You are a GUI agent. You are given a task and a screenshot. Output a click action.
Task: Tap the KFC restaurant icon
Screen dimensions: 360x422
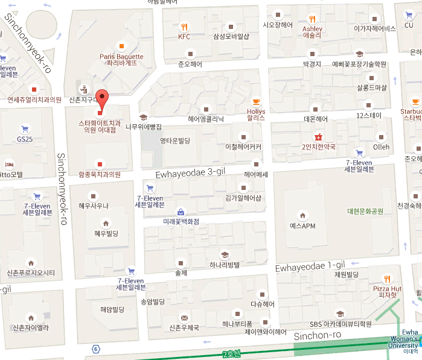pos(184,27)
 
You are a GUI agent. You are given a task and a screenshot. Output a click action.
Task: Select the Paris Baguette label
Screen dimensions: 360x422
pos(122,60)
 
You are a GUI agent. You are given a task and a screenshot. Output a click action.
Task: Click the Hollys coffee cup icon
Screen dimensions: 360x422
pos(256,101)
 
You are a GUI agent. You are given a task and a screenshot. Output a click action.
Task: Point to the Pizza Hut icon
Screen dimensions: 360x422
pos(387,279)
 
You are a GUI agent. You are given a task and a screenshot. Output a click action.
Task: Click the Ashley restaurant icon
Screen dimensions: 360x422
pos(312,18)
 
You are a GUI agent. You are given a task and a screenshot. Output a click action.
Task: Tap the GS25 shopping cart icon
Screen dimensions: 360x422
pos(25,129)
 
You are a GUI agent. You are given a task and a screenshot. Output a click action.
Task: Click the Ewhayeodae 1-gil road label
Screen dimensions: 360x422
pos(310,266)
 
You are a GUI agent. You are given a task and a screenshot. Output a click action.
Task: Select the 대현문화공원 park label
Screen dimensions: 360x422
pos(365,211)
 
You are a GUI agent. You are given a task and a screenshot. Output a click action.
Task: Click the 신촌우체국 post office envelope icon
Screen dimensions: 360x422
pos(184,318)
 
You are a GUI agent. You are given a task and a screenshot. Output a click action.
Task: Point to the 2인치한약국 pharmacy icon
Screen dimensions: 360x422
pos(318,136)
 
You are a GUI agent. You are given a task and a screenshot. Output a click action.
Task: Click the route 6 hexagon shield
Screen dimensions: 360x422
pos(95,349)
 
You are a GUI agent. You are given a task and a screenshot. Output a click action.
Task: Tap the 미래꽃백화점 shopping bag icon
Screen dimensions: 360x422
pos(181,212)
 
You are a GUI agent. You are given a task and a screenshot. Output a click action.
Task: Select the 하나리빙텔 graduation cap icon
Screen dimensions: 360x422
pos(225,254)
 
